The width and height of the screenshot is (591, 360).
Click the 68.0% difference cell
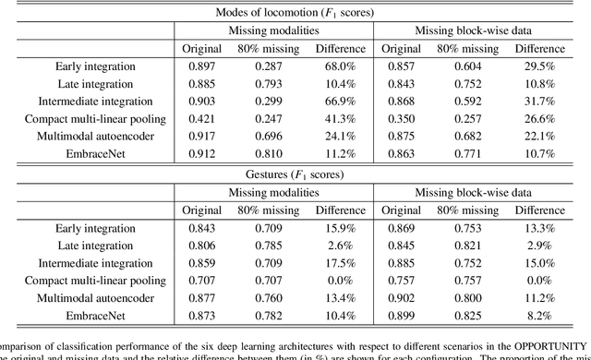(x=333, y=66)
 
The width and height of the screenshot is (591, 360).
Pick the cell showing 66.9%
(x=333, y=101)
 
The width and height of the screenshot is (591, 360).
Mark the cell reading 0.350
(x=400, y=118)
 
